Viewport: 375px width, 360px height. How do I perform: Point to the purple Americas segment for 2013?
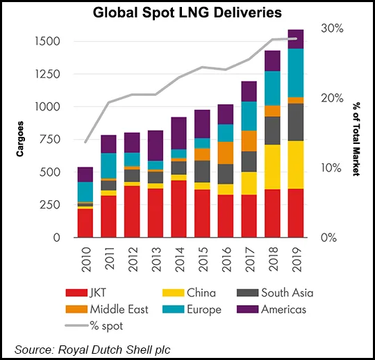click(x=155, y=145)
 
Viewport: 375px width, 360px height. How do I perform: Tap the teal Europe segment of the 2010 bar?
click(x=85, y=192)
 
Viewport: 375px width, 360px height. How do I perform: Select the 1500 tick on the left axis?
click(x=47, y=42)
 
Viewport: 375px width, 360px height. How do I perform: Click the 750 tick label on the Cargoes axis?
click(x=50, y=140)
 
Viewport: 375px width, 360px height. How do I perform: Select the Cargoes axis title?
click(x=21, y=140)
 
